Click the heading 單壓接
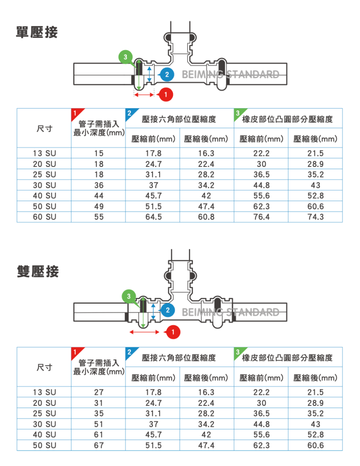(37, 33)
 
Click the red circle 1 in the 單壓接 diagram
(166, 94)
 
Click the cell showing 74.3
(315, 217)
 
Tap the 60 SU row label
(44, 217)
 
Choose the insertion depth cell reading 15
(99, 153)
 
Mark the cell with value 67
(99, 445)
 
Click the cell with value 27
(99, 392)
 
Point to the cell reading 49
(99, 207)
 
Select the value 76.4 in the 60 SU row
(261, 217)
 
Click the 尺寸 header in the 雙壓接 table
(44, 367)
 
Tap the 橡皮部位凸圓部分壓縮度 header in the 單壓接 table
(287, 119)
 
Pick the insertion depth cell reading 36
(99, 185)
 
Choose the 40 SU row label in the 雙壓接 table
(44, 435)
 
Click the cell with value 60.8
(206, 217)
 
